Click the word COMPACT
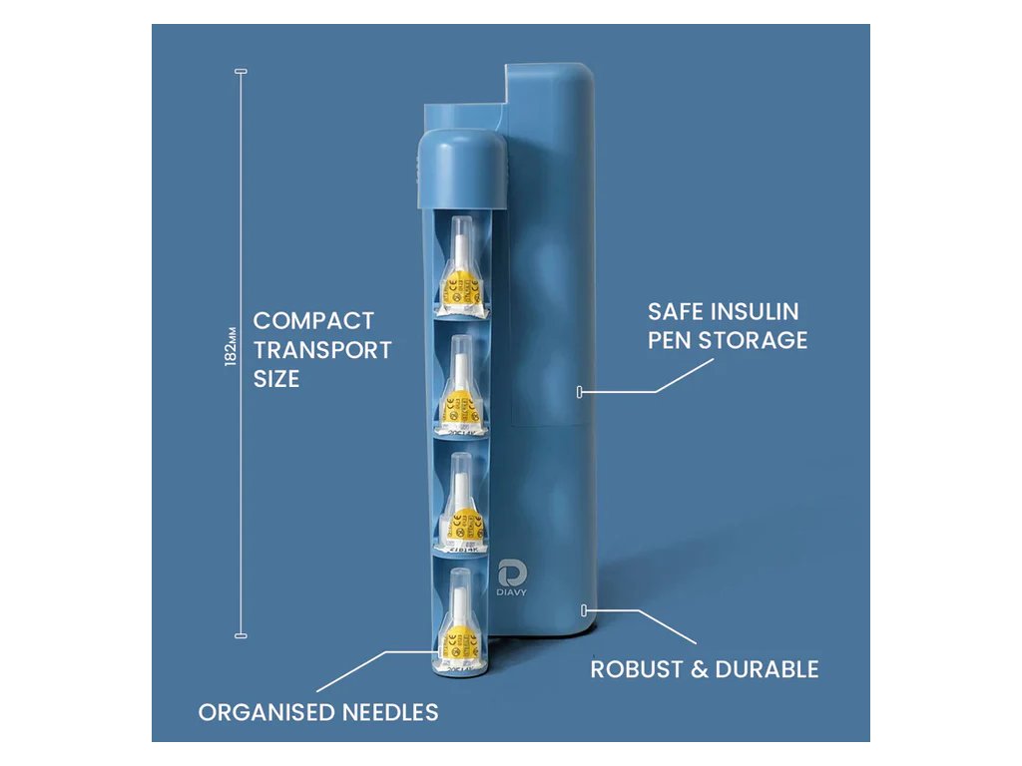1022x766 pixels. pos(313,321)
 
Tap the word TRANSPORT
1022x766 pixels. pos(321,350)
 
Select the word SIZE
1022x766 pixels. pos(275,379)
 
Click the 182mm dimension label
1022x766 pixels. pos(231,345)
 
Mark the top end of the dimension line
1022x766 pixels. pos(240,72)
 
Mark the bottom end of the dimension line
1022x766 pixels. pos(240,634)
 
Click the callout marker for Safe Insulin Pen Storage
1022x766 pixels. pos(580,392)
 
